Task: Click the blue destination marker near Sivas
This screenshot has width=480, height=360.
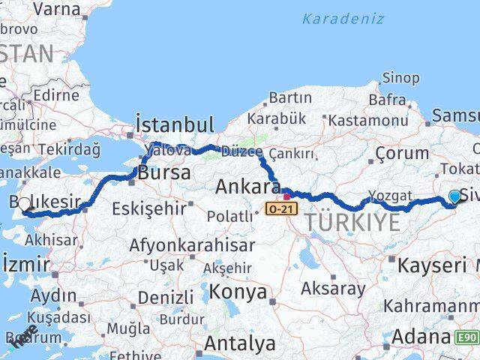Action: [x=454, y=197]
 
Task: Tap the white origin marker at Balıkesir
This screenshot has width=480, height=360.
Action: [x=24, y=204]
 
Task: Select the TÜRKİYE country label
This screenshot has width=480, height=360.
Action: [x=352, y=221]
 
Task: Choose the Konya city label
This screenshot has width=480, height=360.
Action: [x=238, y=292]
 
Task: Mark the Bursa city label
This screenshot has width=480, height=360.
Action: [x=162, y=172]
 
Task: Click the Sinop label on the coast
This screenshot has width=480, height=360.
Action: [x=400, y=77]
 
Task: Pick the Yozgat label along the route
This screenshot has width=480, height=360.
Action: [x=391, y=196]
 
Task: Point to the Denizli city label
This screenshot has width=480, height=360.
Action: [x=165, y=298]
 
